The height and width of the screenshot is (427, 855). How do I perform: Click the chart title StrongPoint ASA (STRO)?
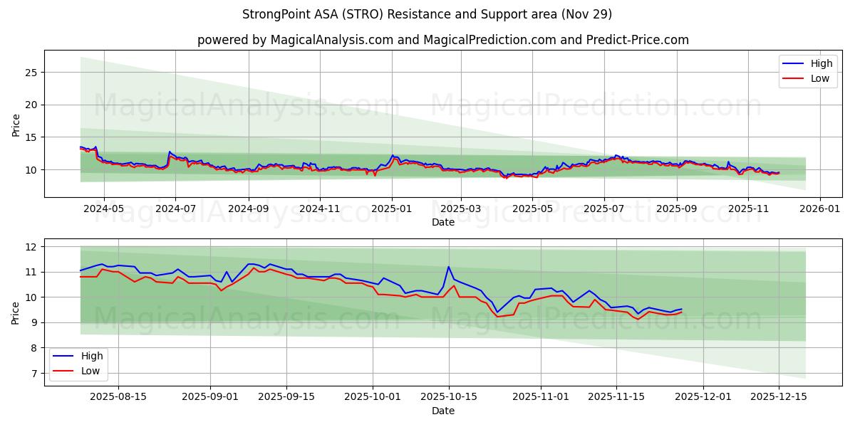click(427, 14)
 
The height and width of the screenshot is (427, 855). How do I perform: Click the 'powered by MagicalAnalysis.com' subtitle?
click(442, 40)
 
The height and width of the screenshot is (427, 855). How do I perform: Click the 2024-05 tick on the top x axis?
click(104, 209)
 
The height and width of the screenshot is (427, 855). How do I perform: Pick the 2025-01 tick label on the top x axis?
click(391, 209)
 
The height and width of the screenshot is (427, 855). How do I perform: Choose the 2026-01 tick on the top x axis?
click(820, 209)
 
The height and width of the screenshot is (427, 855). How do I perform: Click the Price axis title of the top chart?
click(16, 124)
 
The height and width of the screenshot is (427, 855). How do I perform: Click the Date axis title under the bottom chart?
click(442, 411)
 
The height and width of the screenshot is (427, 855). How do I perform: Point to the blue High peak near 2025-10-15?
click(448, 267)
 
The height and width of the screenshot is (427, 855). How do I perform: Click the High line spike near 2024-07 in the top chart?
click(169, 152)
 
